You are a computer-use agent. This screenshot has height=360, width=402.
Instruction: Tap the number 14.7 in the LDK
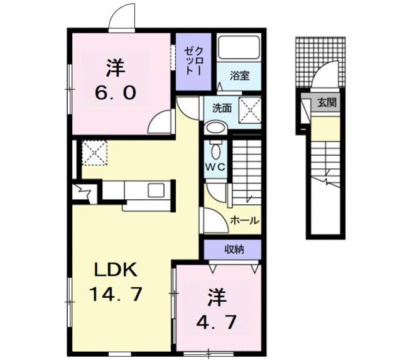click(x=117, y=293)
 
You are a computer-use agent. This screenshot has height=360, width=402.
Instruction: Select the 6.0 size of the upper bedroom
click(x=115, y=92)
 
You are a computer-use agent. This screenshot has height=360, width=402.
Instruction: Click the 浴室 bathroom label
click(x=239, y=76)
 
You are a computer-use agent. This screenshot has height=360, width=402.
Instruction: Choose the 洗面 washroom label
click(x=222, y=107)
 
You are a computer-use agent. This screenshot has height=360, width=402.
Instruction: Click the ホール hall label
click(x=244, y=221)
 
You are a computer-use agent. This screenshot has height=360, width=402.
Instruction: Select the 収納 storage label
click(x=234, y=249)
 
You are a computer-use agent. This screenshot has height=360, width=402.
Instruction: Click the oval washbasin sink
click(x=215, y=128)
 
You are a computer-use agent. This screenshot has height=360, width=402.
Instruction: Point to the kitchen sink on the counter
click(x=155, y=188)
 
